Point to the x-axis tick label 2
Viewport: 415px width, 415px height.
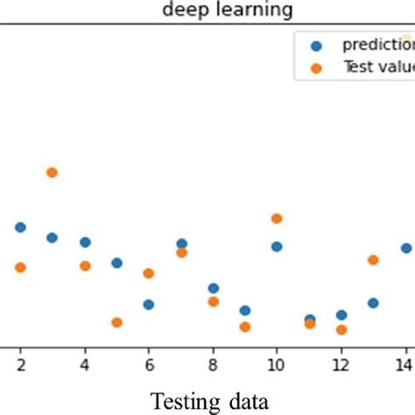pyautogui.click(x=20, y=362)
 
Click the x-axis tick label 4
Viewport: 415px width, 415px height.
pyautogui.click(x=85, y=362)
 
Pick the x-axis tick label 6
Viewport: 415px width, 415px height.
pyautogui.click(x=149, y=362)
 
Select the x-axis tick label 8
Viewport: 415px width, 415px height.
pyautogui.click(x=213, y=362)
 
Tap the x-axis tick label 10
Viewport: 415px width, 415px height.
pyautogui.click(x=277, y=362)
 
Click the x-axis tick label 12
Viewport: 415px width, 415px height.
pyautogui.click(x=341, y=362)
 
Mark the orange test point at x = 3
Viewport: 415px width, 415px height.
pyautogui.click(x=53, y=172)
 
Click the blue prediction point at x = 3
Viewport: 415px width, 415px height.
pyautogui.click(x=53, y=237)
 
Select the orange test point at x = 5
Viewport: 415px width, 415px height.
pyautogui.click(x=116, y=322)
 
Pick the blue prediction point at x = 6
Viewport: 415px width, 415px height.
pyautogui.click(x=149, y=305)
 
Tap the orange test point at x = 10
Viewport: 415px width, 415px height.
pyautogui.click(x=277, y=219)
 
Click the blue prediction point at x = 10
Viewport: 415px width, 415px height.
pyautogui.click(x=277, y=247)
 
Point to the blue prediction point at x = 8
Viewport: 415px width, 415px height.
pyautogui.click(x=213, y=288)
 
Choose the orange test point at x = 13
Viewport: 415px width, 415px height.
pyautogui.click(x=373, y=260)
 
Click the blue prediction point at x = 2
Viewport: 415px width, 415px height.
pyautogui.click(x=20, y=228)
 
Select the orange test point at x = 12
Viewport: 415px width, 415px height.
pyautogui.click(x=341, y=330)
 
